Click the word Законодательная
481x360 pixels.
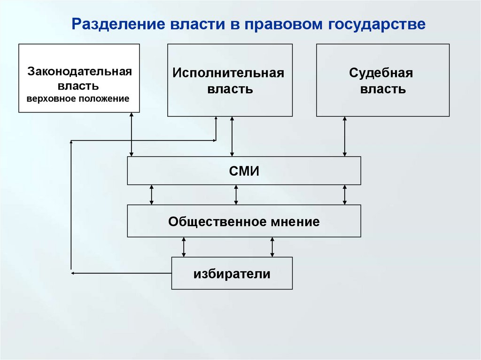coord(79,72)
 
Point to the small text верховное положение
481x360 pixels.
coord(78,99)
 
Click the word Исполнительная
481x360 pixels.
coord(228,73)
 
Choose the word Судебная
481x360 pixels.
coord(381,73)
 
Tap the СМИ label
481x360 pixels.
coord(244,171)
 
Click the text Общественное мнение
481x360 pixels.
coord(244,222)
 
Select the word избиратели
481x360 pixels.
coord(232,274)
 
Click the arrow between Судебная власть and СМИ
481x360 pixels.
coord(344,137)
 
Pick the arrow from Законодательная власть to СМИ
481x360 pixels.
coord(132,135)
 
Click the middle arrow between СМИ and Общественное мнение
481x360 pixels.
coord(236,195)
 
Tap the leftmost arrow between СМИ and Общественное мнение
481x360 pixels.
coord(151,195)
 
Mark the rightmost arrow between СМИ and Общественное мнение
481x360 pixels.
coord(344,195)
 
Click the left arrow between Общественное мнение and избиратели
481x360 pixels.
coord(184,247)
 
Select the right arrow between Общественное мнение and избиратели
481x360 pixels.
coord(272,247)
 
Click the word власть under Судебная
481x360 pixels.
coord(383,90)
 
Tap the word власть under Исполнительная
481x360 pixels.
coord(230,90)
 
